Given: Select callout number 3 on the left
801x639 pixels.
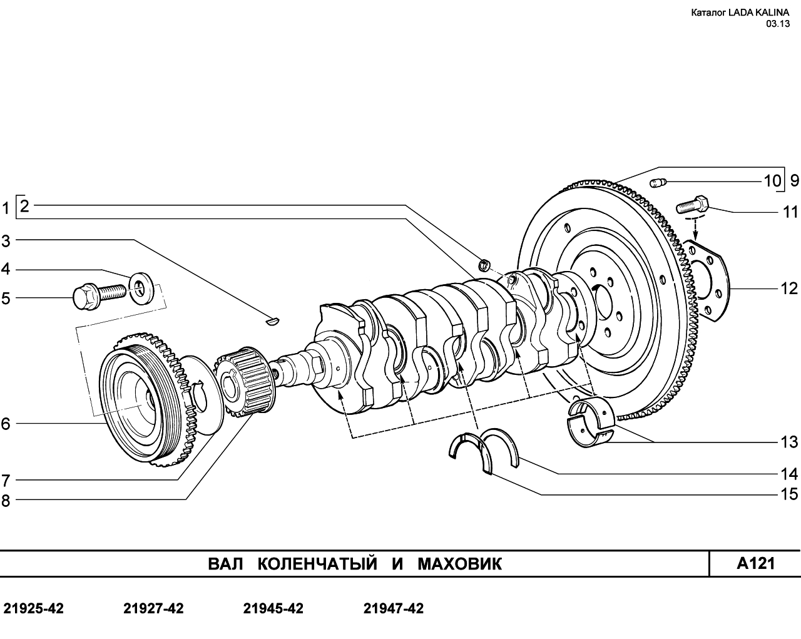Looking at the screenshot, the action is (6, 241).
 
